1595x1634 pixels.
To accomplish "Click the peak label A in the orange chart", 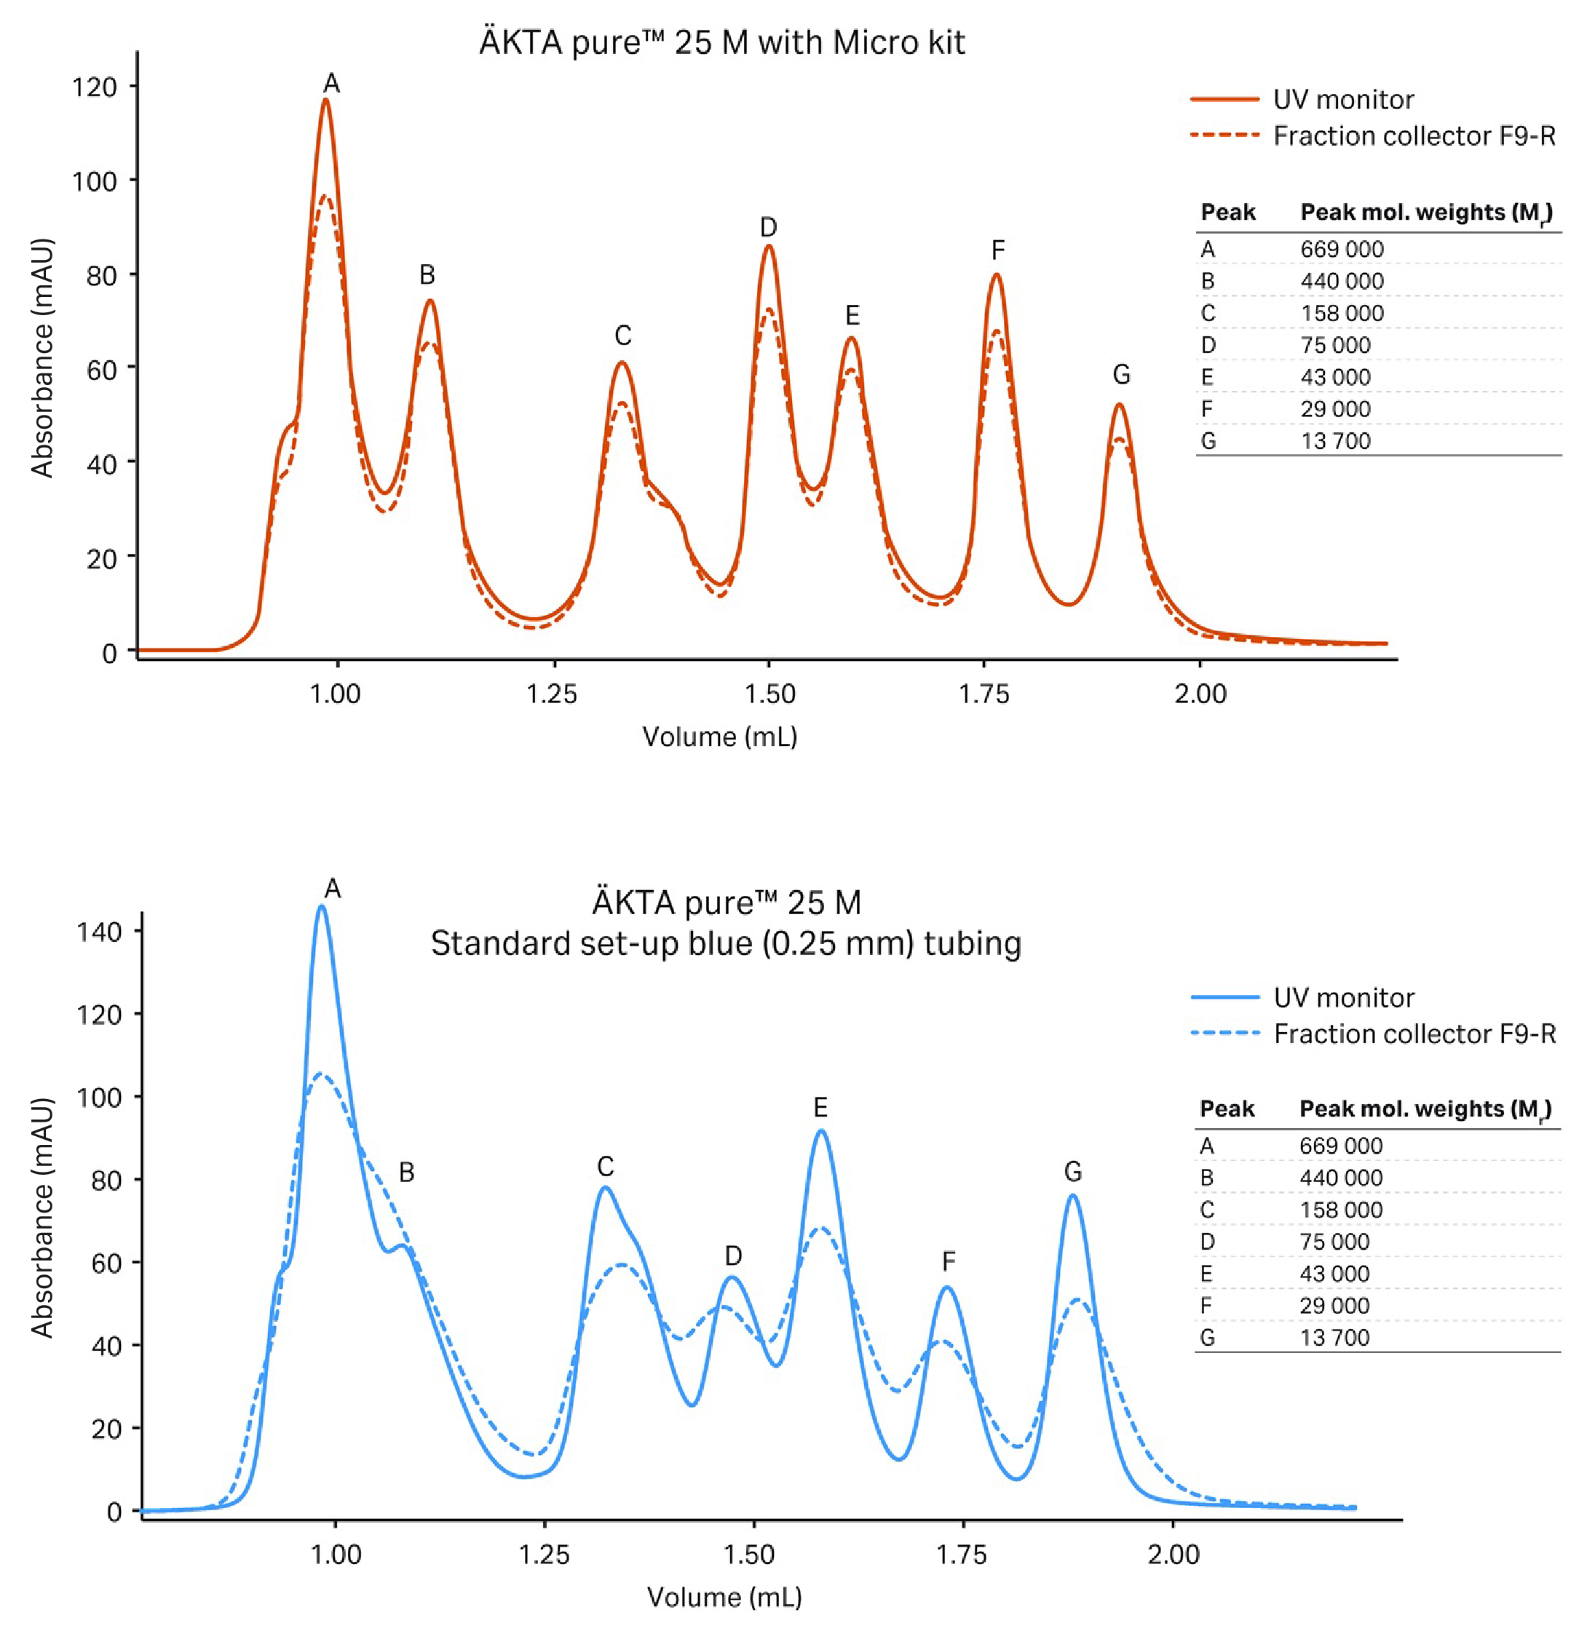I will tap(332, 84).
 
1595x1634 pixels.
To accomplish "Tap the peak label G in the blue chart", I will tap(1073, 1172).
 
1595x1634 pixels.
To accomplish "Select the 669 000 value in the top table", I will tap(1342, 250).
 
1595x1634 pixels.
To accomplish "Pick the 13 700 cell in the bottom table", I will tap(1334, 1338).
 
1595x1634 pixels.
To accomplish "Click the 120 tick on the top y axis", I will tap(95, 87).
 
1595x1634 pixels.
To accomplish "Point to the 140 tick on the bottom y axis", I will tap(99, 932).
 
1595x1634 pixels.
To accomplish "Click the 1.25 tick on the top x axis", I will tap(552, 694).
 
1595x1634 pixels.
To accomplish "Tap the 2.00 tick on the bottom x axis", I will tap(1174, 1555).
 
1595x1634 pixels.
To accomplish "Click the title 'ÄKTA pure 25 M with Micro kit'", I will tap(722, 42).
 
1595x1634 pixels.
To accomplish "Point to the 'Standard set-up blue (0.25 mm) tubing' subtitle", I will tap(726, 944).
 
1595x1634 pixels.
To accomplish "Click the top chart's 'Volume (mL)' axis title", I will tap(719, 737).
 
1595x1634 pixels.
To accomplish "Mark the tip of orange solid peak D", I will tap(768, 245).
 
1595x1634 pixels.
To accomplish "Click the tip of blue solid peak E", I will tap(821, 1132).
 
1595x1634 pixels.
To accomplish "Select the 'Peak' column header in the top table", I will tap(1228, 212).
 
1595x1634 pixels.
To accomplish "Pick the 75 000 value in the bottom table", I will tap(1334, 1241).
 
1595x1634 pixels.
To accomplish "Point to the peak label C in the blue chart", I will tap(606, 1167).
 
